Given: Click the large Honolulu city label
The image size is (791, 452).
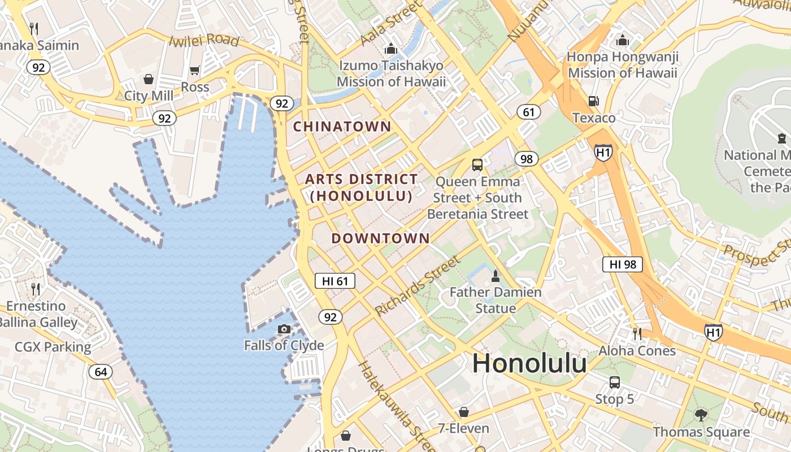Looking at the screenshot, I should pos(529,363).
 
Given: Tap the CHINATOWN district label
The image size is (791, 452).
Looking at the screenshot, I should pos(342,127).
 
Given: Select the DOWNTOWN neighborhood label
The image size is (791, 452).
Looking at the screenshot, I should pos(380,238).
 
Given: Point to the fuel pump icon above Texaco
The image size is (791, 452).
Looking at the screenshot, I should pos(593,101).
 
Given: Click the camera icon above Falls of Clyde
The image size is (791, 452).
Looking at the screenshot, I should pos(284,329).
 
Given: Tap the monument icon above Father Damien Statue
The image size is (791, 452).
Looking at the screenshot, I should pos(496,276).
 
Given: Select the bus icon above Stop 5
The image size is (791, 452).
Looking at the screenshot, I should pos(615,383).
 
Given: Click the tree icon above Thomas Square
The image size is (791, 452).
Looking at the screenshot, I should pos(701,415).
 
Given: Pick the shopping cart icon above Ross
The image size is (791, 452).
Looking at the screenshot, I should pos(195,71).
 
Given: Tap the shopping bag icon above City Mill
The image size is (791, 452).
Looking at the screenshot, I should pos(149,79).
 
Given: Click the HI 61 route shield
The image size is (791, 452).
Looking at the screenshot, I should pos(335,281).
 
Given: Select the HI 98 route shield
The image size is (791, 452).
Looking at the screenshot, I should pos(623,264).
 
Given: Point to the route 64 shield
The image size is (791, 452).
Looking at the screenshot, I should pos(101,372).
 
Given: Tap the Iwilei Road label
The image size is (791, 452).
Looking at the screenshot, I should pos(205,40).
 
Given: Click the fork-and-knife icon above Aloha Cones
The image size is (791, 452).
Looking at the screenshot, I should pos(637,333).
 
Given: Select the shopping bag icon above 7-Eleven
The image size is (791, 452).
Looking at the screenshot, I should pos(464,411).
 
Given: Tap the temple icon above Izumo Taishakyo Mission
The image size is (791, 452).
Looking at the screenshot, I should pos(390,49).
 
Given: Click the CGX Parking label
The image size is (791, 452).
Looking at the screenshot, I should pos(53,347).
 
